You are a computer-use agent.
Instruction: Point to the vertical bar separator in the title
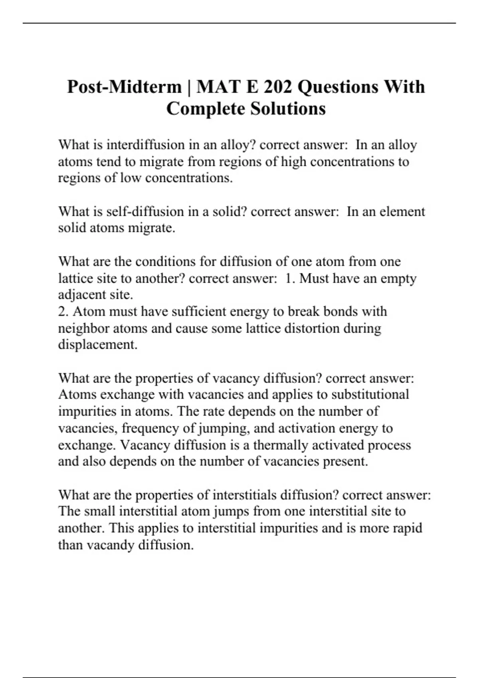[189, 87]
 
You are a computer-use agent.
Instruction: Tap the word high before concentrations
[294, 162]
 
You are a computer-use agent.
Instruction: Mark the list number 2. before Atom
[63, 311]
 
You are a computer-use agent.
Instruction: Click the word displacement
[97, 345]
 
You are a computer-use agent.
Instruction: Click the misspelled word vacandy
[110, 545]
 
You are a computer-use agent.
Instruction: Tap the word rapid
[407, 528]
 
